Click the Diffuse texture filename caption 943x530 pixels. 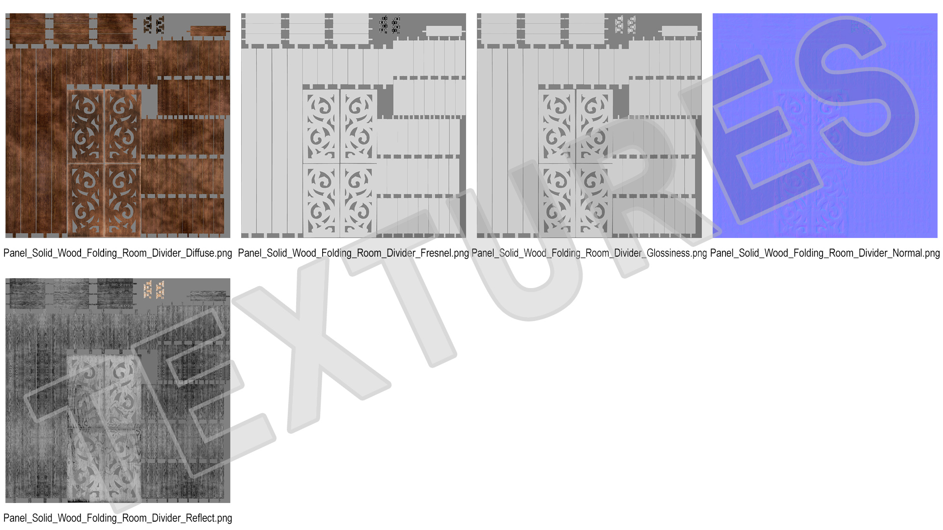[x=118, y=253]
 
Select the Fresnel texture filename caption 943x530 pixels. [x=354, y=253]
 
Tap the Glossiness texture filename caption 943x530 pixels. [x=589, y=253]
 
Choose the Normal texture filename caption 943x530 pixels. [x=825, y=253]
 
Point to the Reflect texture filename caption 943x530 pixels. [x=118, y=518]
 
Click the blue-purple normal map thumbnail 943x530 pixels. [x=825, y=126]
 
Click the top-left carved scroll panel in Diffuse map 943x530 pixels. [x=86, y=127]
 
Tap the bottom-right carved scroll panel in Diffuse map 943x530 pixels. [x=123, y=200]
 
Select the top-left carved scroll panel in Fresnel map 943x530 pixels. [x=321, y=127]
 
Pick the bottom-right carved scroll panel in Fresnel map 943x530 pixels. [x=359, y=200]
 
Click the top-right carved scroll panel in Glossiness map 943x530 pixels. [x=594, y=127]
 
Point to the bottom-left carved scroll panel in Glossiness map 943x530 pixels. [x=557, y=200]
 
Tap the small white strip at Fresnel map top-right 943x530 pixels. [x=444, y=31]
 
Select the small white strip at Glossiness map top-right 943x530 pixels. [x=680, y=31]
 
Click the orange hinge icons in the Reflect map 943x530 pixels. [x=154, y=290]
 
